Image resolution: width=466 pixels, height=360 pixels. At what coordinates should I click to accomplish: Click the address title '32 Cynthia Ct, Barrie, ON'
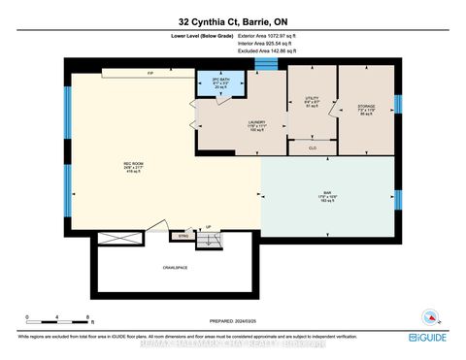pyautogui.click(x=232, y=21)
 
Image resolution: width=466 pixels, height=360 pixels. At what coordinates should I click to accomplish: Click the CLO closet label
pyautogui.click(x=311, y=147)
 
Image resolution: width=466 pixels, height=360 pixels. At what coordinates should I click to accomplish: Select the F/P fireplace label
pyautogui.click(x=150, y=73)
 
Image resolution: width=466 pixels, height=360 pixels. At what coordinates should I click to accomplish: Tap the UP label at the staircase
pyautogui.click(x=207, y=228)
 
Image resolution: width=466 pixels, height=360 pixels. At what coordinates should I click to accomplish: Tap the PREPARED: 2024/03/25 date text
pyautogui.click(x=232, y=324)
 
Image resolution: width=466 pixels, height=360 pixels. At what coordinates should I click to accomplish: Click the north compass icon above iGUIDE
pyautogui.click(x=430, y=315)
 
